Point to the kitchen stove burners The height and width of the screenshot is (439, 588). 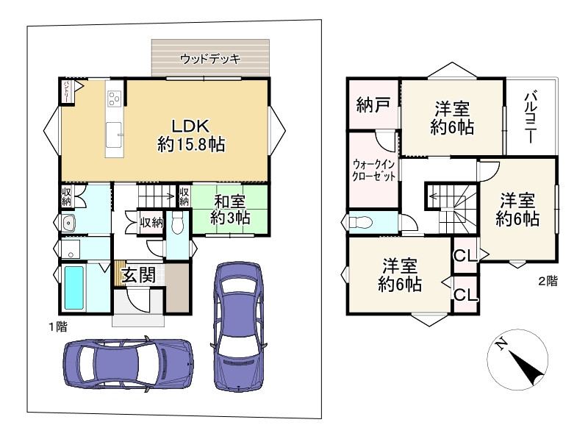tap(115, 98)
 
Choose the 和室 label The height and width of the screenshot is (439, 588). tap(229, 201)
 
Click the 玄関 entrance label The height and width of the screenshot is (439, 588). tap(138, 275)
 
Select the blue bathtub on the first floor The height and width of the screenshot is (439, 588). tap(76, 288)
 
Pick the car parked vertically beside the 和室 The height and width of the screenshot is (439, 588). tap(238, 326)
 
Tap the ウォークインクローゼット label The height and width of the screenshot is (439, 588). tap(374, 170)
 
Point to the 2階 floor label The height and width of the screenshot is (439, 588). tap(545, 280)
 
